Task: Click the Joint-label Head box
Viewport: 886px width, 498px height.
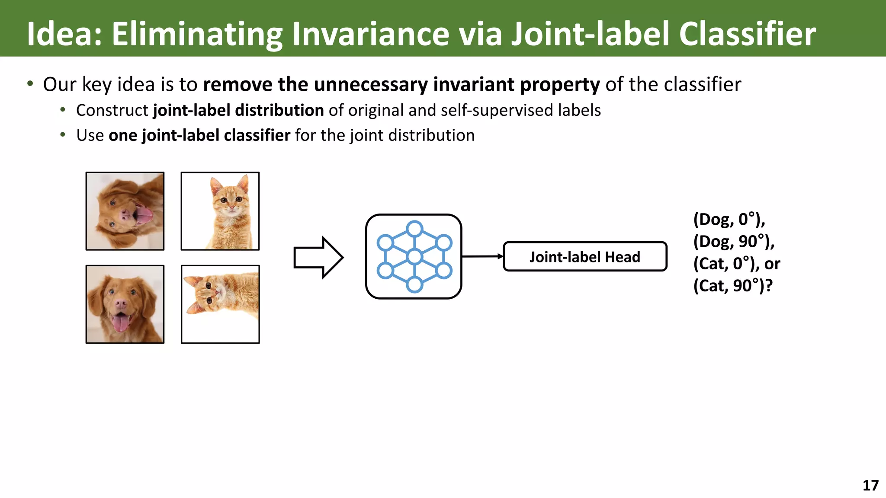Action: point(585,257)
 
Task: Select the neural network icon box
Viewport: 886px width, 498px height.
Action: point(414,256)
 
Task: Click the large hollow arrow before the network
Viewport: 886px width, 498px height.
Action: point(318,257)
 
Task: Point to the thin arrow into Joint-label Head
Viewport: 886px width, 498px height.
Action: point(482,256)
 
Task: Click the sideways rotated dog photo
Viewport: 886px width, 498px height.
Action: point(125,211)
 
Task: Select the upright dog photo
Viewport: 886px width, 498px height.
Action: point(125,304)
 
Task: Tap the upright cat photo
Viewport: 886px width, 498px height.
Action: point(220,211)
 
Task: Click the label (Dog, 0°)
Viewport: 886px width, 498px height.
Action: point(729,220)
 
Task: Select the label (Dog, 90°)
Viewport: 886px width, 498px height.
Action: point(734,242)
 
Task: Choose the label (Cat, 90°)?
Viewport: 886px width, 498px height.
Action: point(732,286)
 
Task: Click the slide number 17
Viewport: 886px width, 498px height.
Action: point(870,485)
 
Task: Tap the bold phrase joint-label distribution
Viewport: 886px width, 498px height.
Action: point(238,110)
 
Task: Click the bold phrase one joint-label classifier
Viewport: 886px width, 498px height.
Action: point(199,135)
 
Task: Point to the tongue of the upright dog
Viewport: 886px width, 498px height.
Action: point(120,323)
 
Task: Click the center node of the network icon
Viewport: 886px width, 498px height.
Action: point(414,257)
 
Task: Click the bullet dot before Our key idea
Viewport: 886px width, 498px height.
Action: point(30,84)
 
